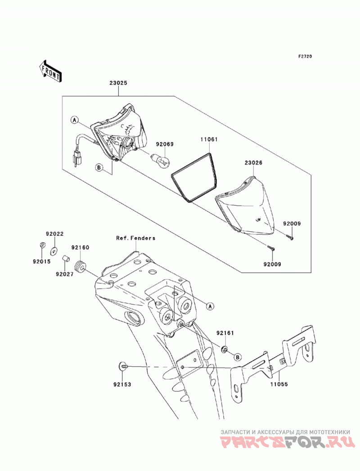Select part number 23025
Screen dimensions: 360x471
[118, 83]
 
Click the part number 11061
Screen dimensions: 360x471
[209, 139]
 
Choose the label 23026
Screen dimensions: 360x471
[253, 163]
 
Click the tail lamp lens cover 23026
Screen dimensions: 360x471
[246, 205]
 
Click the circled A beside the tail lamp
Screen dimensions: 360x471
[75, 120]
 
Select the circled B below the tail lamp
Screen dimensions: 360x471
[99, 168]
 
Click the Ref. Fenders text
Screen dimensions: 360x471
[136, 238]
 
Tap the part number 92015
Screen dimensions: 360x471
[42, 262]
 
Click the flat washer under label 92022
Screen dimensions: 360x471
[54, 250]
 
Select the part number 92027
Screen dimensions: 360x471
[64, 274]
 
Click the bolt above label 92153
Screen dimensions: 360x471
[123, 367]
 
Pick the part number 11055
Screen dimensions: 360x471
[279, 384]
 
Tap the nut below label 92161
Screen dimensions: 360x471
[224, 349]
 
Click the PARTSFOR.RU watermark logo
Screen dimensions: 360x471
[285, 445]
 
